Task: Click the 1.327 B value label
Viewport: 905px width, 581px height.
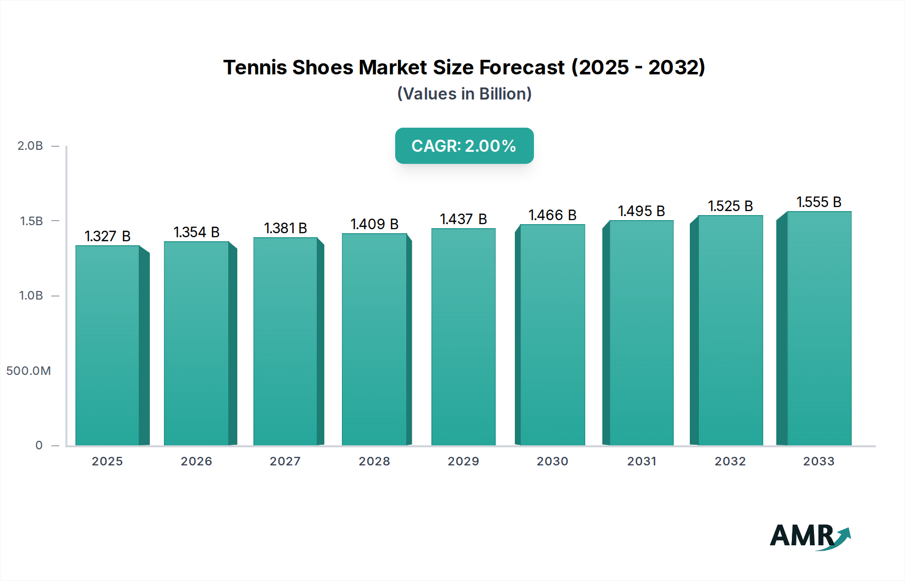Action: click(108, 236)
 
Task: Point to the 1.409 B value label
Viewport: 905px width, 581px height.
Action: click(375, 224)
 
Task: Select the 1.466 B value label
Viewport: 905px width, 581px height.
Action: click(552, 215)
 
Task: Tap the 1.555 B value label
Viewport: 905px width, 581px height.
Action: click(819, 202)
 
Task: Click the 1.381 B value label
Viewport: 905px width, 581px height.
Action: click(286, 228)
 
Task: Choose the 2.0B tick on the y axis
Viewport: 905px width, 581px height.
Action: click(30, 146)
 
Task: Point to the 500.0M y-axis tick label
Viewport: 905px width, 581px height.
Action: click(29, 371)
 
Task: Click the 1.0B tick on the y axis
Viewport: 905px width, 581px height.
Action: click(31, 296)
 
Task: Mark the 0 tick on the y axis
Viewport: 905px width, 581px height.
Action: click(39, 445)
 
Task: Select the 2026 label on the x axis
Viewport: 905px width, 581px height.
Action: click(197, 461)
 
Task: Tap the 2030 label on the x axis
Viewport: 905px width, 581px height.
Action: click(552, 461)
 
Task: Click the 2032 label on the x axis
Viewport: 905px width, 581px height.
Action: click(730, 461)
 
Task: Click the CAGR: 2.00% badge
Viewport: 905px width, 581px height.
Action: click(464, 146)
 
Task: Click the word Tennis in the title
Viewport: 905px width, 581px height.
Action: click(255, 67)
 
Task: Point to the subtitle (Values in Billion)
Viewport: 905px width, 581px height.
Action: click(464, 94)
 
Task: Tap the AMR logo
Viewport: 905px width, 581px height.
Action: click(809, 536)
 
